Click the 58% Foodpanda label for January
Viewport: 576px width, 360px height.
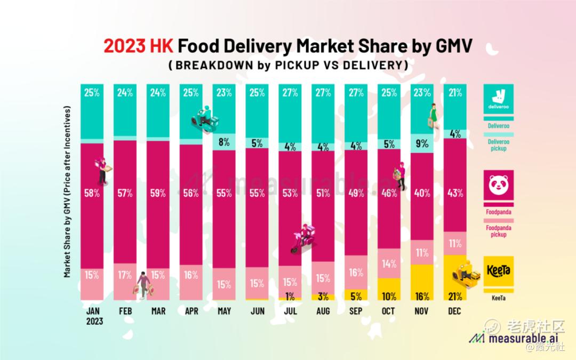[92, 193]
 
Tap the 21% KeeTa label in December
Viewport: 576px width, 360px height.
[455, 297]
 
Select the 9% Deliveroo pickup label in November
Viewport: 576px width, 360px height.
[422, 142]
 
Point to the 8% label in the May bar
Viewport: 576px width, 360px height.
[224, 142]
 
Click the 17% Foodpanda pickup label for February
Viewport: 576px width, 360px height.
[125, 275]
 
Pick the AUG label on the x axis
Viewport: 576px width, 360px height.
[323, 311]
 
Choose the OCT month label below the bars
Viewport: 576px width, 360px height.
[389, 311]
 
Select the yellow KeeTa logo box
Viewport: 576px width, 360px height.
[499, 271]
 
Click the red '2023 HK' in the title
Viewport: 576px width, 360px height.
[138, 46]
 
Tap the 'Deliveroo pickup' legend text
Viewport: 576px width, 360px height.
[499, 145]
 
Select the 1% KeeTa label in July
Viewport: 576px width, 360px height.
[290, 297]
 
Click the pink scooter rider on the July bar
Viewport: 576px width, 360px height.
[303, 238]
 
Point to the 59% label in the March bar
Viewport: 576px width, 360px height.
[158, 193]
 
